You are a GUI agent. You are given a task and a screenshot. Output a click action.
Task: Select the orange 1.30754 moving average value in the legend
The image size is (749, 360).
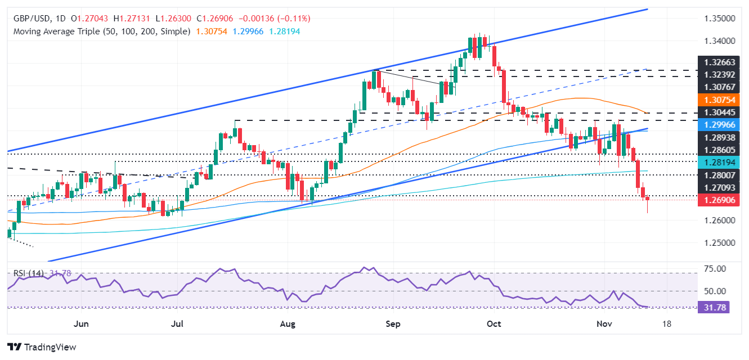(211, 31)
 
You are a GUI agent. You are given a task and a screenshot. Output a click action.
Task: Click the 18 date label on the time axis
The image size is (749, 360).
(667, 324)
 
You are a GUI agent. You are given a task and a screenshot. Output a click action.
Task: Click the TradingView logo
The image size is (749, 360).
(42, 347)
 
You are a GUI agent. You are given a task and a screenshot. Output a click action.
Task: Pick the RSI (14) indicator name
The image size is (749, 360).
(28, 273)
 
